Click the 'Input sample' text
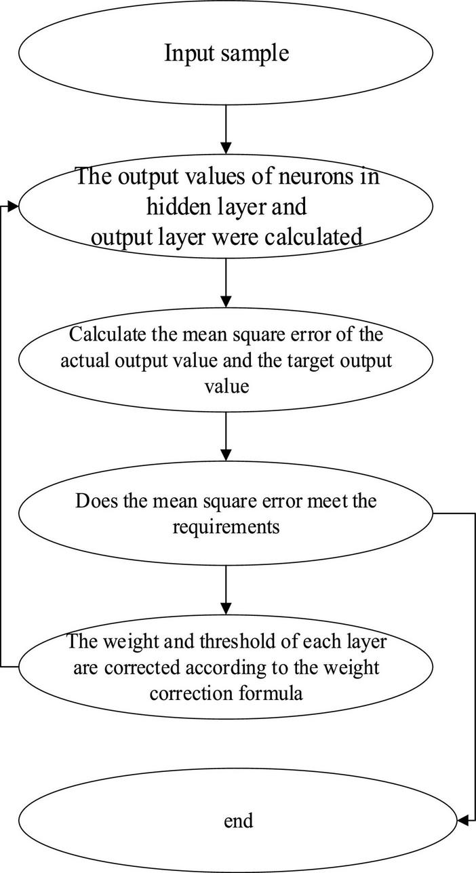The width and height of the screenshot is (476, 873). click(x=226, y=52)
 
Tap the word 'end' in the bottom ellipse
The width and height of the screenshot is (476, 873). click(x=238, y=821)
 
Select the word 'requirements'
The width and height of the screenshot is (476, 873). click(x=226, y=526)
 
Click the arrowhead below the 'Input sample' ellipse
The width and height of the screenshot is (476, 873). click(x=226, y=147)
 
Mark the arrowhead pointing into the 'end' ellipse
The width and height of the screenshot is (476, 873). click(x=462, y=821)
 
